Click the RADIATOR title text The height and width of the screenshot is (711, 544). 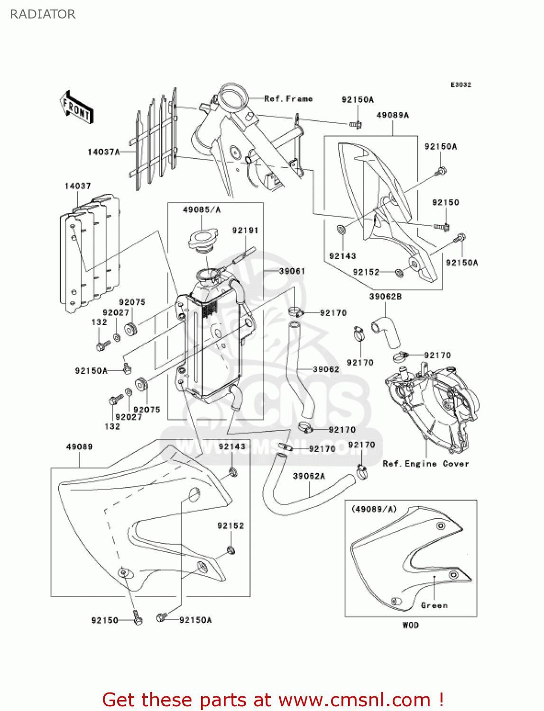[x=43, y=14]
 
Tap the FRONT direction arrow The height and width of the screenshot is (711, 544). [x=76, y=108]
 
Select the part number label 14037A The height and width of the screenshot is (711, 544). [x=103, y=152]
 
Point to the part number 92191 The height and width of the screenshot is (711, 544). [x=245, y=230]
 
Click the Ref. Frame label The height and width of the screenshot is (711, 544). [x=288, y=99]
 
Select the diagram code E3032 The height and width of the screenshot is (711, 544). [x=461, y=85]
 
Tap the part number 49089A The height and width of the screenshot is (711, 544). [x=392, y=115]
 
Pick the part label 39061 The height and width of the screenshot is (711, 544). [x=292, y=271]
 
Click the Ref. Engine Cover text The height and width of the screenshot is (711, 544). [x=425, y=464]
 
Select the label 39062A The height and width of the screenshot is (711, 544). [x=309, y=476]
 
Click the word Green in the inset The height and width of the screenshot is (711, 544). [x=434, y=605]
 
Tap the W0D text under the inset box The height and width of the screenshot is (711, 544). [x=411, y=625]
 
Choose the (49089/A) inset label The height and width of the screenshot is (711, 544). [x=374, y=509]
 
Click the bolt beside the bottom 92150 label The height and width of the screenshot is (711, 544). [x=138, y=619]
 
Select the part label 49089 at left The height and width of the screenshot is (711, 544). [x=79, y=447]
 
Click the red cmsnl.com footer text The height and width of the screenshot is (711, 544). [x=273, y=700]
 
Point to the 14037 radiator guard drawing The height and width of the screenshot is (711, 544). [x=89, y=254]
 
